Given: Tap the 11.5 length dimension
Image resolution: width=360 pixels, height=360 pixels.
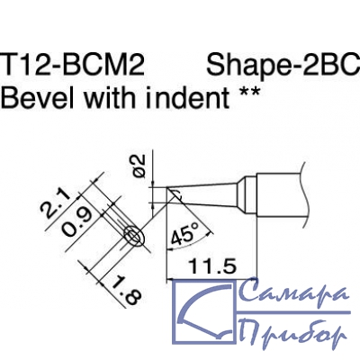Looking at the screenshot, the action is click(212, 266).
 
